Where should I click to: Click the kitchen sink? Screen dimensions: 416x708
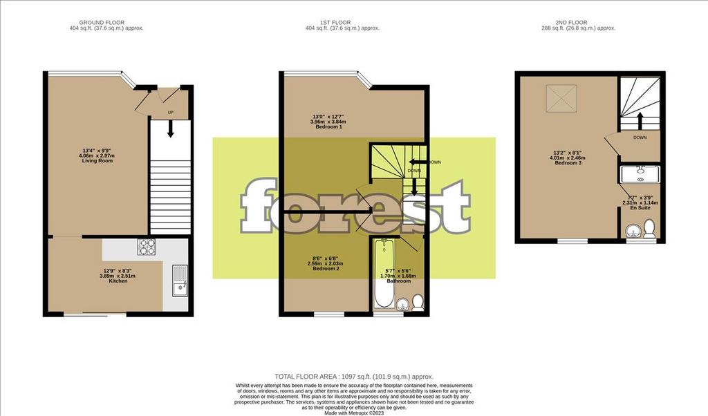(179, 282)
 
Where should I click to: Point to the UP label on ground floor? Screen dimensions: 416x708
(170, 112)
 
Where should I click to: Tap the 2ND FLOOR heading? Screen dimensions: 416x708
(577, 22)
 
